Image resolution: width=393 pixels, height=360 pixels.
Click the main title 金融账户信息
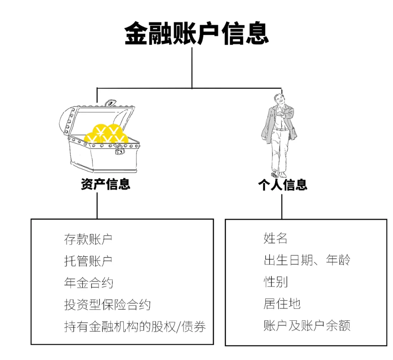(196, 33)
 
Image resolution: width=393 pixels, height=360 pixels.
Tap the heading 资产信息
(106, 184)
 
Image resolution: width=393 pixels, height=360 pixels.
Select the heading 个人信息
(282, 185)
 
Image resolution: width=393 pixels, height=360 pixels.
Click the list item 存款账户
(88, 239)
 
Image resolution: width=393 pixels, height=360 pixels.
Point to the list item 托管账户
(88, 261)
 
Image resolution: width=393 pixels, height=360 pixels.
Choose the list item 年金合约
(88, 283)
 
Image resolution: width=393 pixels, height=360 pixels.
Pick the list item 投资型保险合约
(107, 305)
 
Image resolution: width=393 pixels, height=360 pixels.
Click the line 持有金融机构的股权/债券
(135, 327)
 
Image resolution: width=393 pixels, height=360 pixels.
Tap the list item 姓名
(275, 238)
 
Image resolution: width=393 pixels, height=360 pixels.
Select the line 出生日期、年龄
(307, 260)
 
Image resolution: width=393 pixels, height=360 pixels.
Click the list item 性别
(275, 282)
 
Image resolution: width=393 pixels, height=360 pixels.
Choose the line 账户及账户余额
(307, 325)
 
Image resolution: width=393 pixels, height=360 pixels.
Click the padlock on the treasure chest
(119, 149)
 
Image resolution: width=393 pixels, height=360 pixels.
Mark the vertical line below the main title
(192, 67)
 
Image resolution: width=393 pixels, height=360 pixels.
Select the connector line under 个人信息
(282, 206)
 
